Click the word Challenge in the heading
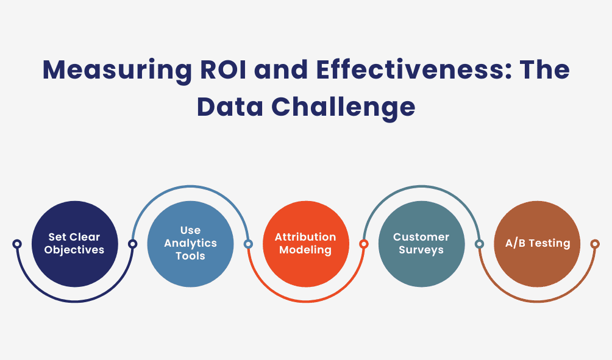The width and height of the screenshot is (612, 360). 344,107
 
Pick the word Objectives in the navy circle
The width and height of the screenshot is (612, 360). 74,250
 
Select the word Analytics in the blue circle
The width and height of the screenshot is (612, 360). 190,243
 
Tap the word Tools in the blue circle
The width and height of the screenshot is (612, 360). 190,256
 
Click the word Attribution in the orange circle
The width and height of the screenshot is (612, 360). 305,237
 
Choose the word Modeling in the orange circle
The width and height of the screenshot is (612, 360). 305,250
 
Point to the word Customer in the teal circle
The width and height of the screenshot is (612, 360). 421,237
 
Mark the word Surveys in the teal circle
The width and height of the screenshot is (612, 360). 421,250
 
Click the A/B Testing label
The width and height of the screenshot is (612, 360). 537,243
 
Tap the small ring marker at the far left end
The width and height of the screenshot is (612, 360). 17,244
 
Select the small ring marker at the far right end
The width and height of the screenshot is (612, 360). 595,244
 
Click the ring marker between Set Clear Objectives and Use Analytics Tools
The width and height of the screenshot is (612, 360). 132,244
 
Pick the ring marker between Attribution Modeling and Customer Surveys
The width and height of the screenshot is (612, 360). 363,244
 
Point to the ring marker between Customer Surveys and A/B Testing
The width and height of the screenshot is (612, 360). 479,244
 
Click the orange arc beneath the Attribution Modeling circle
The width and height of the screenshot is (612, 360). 305,301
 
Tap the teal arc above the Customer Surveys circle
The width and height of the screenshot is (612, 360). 421,186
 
